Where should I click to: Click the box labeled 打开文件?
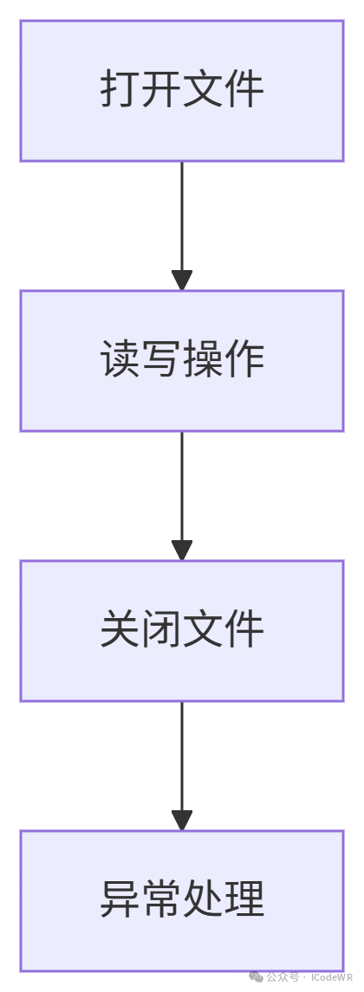182,91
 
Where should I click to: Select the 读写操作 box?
182,361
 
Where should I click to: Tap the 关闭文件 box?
182,631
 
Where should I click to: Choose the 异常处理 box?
182,900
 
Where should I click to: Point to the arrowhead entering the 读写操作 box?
182,280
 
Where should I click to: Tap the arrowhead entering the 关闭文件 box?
182,551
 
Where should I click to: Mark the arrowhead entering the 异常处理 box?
182,821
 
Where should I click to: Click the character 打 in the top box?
120,91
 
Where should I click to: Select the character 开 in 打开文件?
161,91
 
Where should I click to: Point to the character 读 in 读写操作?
120,361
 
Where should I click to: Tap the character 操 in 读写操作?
203,361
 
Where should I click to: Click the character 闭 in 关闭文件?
161,631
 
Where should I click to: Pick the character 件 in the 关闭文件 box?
244,631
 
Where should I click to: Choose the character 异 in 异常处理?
120,900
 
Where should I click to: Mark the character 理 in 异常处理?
244,900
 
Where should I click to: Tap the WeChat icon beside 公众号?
257,977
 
